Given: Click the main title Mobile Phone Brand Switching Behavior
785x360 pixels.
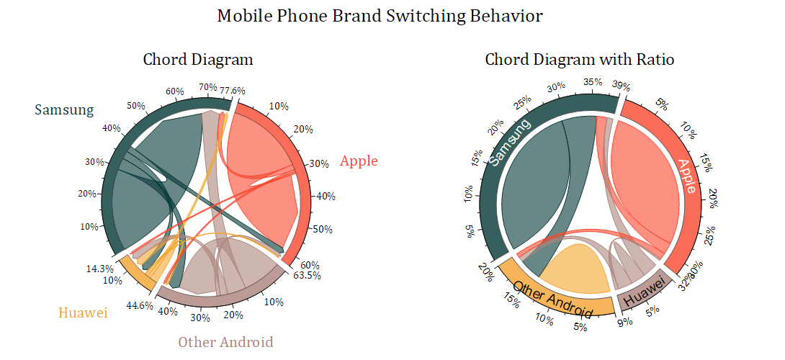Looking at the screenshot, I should [380, 16].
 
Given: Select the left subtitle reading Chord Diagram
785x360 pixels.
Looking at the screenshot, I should [198, 59].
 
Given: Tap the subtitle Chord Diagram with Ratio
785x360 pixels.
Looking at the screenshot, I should [579, 59].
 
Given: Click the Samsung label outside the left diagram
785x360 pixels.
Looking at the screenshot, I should [64, 109].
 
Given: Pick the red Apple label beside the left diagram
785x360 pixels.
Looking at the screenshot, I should [359, 161].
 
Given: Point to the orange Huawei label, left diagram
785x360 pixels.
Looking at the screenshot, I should [83, 312].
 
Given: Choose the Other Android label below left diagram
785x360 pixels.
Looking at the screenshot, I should [225, 341].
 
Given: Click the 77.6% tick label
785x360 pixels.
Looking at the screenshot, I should [233, 91].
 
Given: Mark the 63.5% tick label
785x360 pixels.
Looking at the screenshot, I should [306, 275].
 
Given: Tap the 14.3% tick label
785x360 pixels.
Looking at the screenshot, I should [97, 269].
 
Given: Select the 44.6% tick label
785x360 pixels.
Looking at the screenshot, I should [140, 305].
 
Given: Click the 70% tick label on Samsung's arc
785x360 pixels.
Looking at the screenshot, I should [207, 87].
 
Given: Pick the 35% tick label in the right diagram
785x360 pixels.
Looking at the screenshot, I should [593, 82].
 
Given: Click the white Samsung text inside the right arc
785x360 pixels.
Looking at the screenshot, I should [509, 142].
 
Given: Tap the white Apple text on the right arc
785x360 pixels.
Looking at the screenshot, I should [686, 176].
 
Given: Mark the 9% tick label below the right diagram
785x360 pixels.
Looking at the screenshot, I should [624, 321].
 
